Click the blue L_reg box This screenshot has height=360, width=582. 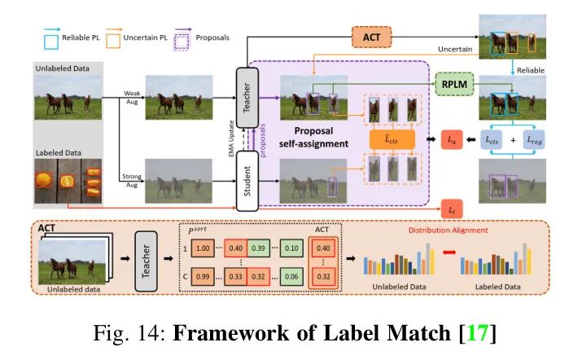[536, 141]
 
